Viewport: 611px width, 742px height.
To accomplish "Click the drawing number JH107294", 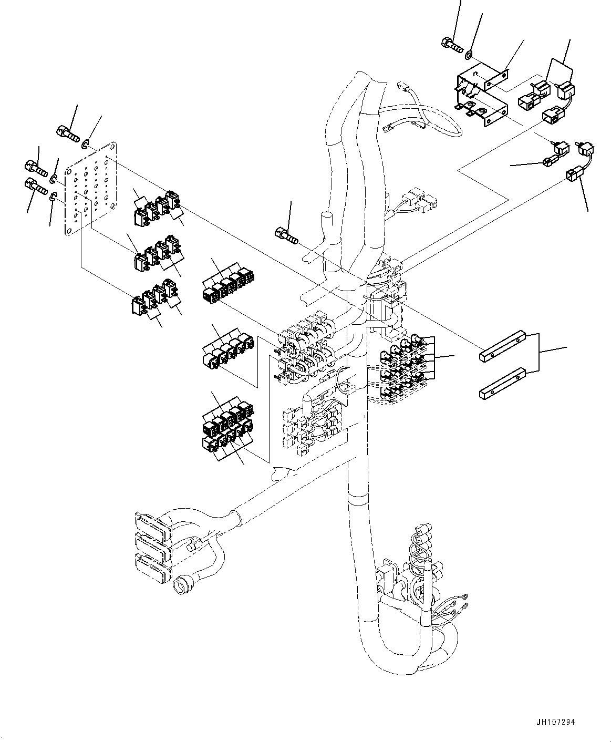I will (556, 723).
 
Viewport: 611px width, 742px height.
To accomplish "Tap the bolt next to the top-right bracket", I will (452, 46).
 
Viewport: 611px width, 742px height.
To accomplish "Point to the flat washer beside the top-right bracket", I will (469, 53).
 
